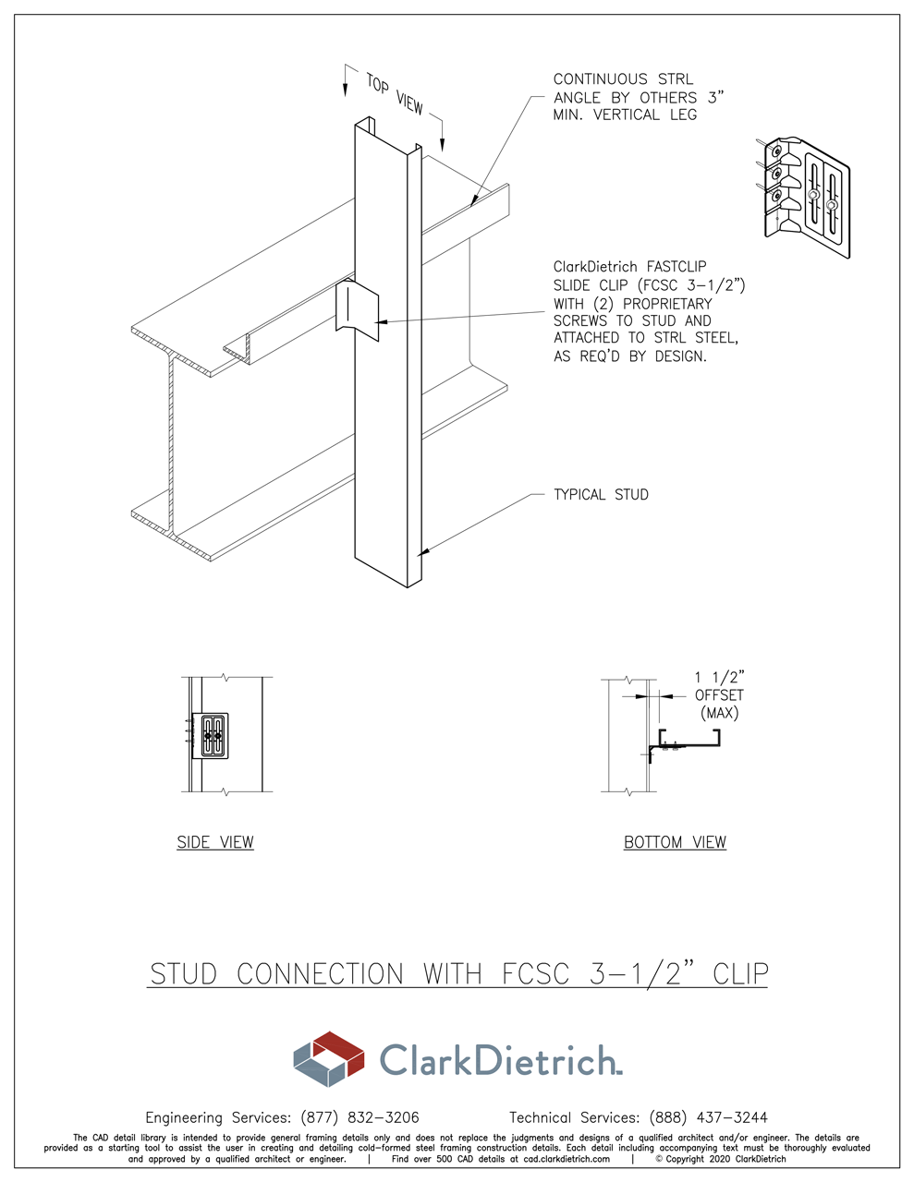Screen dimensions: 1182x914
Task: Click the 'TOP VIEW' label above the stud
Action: point(394,94)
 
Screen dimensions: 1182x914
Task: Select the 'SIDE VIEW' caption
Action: point(215,842)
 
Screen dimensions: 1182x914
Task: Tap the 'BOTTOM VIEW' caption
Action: point(675,842)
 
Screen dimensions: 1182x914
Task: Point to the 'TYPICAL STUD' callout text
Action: point(601,495)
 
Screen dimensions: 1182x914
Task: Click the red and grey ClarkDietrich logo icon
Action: point(329,1058)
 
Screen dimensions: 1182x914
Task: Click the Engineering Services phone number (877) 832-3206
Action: point(360,1117)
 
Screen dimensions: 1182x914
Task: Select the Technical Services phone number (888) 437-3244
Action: point(708,1117)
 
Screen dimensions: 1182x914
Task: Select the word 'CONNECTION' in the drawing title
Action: point(320,974)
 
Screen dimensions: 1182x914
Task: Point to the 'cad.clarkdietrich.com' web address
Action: point(567,1159)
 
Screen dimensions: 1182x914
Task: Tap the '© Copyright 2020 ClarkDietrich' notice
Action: point(721,1159)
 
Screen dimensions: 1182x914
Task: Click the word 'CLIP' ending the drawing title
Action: point(740,974)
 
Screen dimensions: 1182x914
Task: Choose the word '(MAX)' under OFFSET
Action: point(719,713)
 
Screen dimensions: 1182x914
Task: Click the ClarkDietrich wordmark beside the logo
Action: point(500,1060)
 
